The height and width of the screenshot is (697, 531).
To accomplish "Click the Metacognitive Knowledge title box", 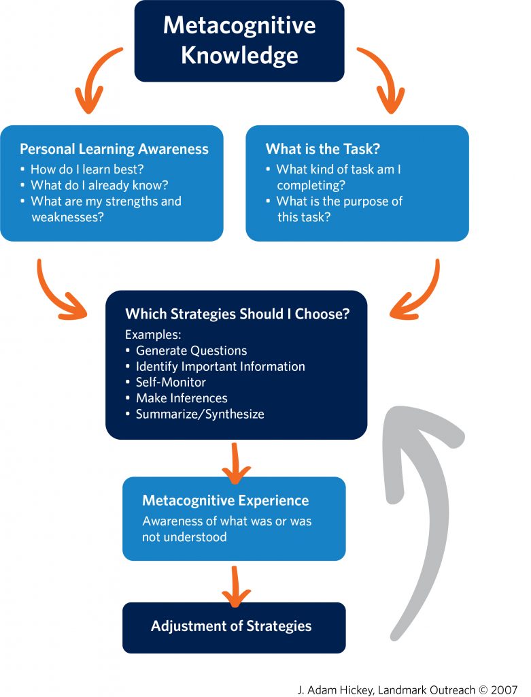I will (239, 41).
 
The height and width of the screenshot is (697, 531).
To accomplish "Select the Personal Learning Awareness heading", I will (114, 149).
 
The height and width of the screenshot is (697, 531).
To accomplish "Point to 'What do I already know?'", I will (99, 185).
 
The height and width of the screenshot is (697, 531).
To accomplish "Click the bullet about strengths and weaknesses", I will (105, 209).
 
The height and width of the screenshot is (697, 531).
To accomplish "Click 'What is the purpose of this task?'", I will (339, 209).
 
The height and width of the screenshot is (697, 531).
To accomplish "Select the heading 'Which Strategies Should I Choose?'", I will (237, 314).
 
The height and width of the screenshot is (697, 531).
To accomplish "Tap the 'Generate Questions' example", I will (191, 351).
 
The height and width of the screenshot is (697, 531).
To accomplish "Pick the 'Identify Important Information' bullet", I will (220, 366).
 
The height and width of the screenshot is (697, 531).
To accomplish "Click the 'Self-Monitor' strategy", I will (171, 382).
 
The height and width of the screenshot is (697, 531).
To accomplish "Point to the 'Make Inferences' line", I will (182, 398).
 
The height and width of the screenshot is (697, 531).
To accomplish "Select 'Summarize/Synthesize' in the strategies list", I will (200, 414).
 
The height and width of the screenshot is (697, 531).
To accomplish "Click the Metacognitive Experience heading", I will (225, 500).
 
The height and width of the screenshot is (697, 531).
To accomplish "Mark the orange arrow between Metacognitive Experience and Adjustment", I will (235, 585).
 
